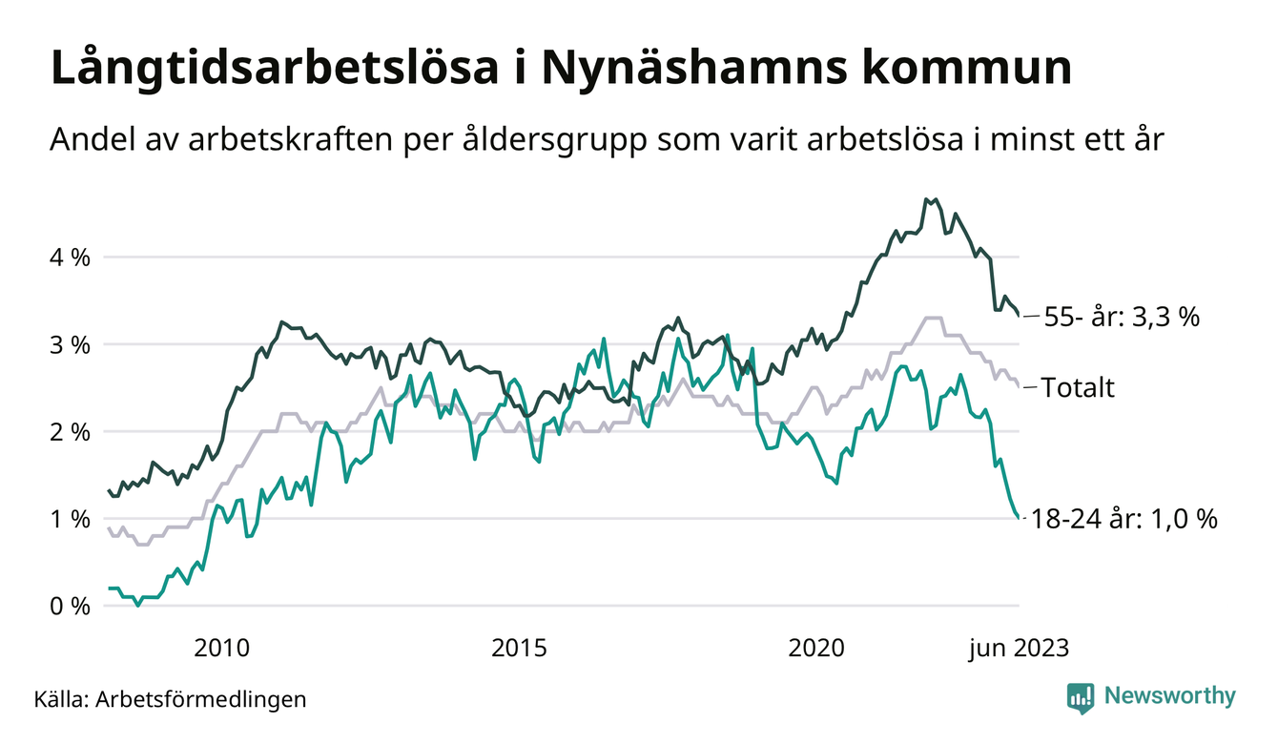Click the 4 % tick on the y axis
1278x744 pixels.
70,258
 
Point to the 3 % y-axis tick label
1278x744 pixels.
70,344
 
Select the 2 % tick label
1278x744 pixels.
70,432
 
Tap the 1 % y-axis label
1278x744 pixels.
70,519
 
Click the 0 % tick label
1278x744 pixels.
70,607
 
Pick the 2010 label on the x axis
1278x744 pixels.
221,649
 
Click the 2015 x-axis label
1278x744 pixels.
519,649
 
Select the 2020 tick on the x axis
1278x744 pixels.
816,649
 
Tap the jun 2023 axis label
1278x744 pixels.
1019,649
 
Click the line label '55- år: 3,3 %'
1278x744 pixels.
1121,318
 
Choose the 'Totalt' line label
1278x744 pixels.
1078,388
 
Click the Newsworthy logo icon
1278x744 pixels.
1081,697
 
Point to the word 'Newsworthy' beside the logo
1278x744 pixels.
1169,696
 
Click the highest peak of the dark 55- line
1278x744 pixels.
927,199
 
